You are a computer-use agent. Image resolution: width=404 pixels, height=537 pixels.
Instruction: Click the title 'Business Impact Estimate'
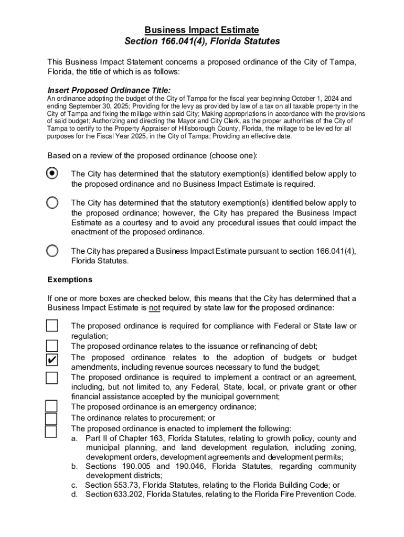(x=202, y=30)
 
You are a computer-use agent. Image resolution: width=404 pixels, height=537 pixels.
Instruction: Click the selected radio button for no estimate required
(x=52, y=173)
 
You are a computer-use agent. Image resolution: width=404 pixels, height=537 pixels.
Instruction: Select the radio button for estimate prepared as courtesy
(x=52, y=202)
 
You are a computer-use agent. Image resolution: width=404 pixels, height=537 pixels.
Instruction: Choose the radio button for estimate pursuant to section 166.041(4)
(x=52, y=251)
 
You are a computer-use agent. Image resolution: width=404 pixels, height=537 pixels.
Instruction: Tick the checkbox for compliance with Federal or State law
(x=51, y=326)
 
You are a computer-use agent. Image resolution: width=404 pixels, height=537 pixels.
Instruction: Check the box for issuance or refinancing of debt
(x=51, y=346)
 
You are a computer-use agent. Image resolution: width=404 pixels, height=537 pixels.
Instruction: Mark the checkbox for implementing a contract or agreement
(x=51, y=378)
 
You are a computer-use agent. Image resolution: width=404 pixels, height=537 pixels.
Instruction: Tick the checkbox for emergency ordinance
(x=51, y=406)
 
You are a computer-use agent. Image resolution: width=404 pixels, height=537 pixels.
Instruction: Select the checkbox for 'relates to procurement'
(x=51, y=418)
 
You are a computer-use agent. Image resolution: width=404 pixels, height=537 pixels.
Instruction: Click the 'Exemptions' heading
(x=70, y=280)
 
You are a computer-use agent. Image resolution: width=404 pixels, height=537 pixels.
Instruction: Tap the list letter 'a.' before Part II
(x=75, y=438)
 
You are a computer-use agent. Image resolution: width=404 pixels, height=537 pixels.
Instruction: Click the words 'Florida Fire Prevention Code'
(x=303, y=494)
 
